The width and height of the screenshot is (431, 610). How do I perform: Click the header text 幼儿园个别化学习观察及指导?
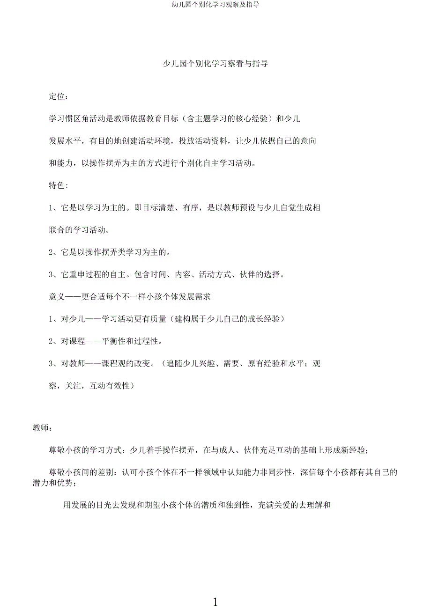(215, 5)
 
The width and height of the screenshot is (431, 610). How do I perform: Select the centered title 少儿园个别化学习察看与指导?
(215, 64)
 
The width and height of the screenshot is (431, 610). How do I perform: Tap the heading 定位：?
(59, 97)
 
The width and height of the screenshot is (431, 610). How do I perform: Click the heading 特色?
(59, 185)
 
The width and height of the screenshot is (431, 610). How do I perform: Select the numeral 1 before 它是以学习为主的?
(52, 208)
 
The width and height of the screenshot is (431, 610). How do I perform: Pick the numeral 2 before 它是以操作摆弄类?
(52, 252)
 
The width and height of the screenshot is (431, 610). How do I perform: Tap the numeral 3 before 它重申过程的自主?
(52, 275)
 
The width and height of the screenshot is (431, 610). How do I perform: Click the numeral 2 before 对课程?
(52, 341)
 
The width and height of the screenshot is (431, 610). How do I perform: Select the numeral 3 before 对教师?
(52, 364)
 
